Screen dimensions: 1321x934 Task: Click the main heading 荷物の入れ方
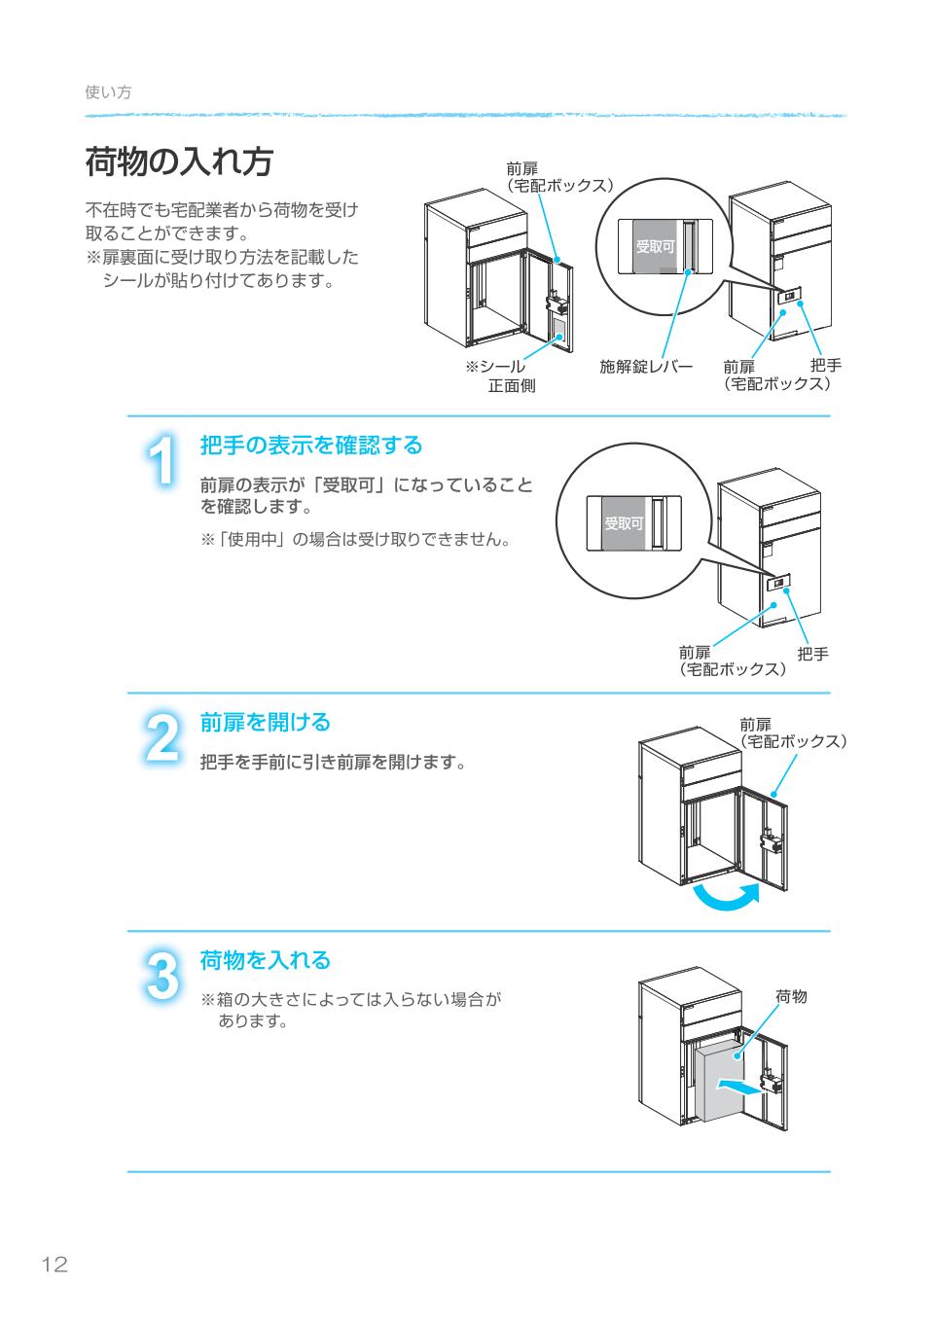(178, 162)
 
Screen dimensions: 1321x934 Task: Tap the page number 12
(54, 1265)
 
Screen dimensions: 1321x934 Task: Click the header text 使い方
(108, 91)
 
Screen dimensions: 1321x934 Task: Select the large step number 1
(164, 459)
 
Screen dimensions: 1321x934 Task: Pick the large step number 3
(162, 975)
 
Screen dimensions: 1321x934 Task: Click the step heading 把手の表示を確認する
(311, 446)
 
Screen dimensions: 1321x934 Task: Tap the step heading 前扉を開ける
(265, 723)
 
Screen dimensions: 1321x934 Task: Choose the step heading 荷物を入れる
(265, 960)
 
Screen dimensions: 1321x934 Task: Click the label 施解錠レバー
(645, 367)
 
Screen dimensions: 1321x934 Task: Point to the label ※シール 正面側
(499, 376)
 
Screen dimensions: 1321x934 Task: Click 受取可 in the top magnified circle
(655, 247)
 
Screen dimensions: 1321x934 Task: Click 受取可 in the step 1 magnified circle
(624, 523)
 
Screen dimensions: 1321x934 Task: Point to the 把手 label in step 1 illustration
(812, 655)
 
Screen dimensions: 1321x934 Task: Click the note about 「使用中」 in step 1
(356, 539)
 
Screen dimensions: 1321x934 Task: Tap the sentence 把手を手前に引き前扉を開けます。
(332, 762)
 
